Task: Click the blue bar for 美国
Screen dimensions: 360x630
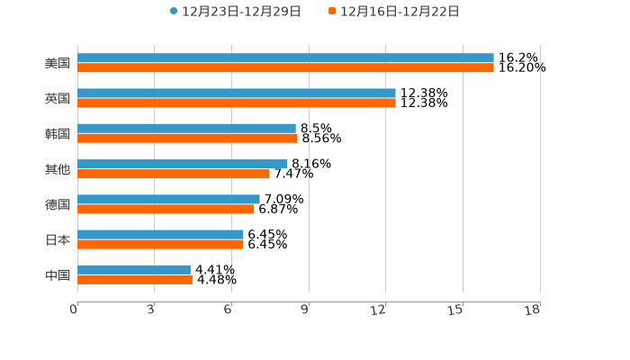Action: (x=285, y=58)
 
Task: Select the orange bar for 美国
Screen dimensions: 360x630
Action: (x=285, y=68)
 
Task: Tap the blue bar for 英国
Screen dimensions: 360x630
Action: (x=237, y=94)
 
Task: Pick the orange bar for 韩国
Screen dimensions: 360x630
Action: (x=187, y=139)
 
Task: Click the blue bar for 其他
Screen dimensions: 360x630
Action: (x=183, y=164)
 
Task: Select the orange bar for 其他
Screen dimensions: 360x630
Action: (x=174, y=174)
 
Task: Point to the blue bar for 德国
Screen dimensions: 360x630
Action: (x=168, y=199)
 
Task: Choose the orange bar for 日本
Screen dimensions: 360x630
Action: (x=160, y=244)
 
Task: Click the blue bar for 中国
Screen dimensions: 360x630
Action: (x=134, y=269)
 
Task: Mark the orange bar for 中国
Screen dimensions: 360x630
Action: (x=135, y=279)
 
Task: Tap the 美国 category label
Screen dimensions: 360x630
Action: (x=58, y=64)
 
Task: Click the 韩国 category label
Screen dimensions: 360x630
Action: (x=58, y=134)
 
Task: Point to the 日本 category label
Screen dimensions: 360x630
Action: (x=58, y=239)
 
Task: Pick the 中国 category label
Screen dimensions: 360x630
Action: (x=58, y=274)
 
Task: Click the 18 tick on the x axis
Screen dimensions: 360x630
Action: (x=533, y=310)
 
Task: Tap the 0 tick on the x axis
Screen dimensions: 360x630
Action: (x=74, y=310)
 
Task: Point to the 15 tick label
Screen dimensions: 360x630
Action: (x=456, y=310)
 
